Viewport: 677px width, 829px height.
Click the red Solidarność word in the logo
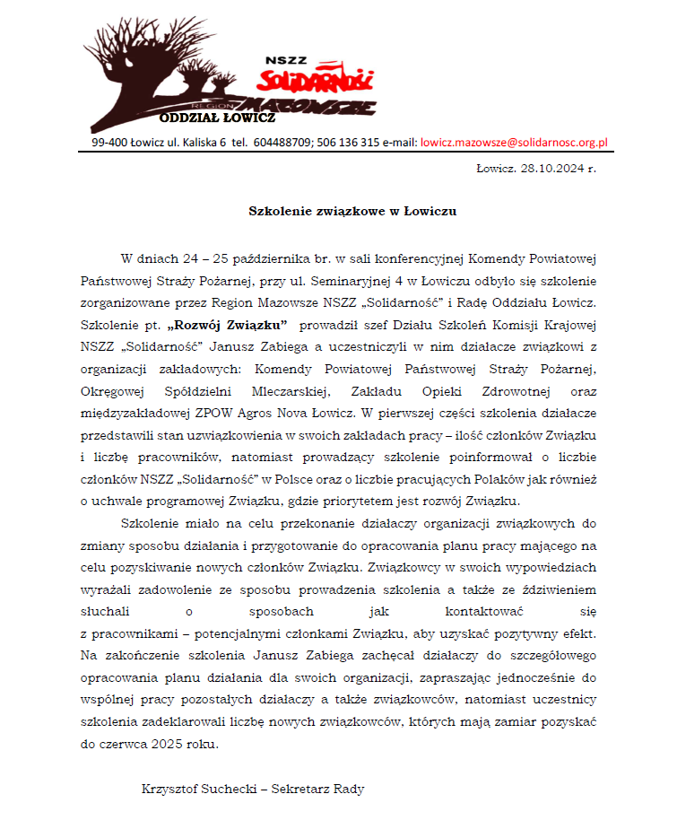point(316,80)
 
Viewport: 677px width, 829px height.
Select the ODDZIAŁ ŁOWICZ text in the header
point(217,118)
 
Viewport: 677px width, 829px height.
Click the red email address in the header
point(515,142)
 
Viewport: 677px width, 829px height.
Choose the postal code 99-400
point(109,142)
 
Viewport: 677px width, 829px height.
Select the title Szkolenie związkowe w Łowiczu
point(352,212)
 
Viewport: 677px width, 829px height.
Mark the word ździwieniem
point(557,589)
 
